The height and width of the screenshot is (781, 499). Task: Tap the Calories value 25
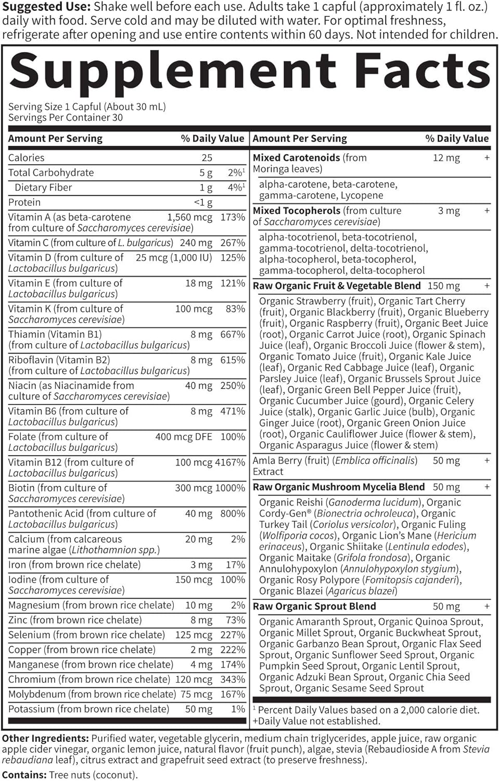coord(207,158)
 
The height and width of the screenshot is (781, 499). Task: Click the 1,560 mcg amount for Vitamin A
coord(189,217)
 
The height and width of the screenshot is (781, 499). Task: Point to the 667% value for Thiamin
coord(233,334)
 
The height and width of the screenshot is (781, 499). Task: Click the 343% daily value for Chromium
coord(233,679)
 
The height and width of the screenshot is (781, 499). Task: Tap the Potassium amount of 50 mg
coord(199,709)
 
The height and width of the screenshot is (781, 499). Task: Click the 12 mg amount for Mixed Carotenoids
coord(446,158)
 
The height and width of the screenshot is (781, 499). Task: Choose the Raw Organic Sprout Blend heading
coord(314,607)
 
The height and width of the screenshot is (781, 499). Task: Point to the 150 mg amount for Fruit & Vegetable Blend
coord(444,286)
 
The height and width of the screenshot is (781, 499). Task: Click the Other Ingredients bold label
coord(45,738)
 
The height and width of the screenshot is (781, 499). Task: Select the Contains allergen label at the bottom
coord(24,775)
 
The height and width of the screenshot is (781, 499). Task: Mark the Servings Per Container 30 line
coord(66,118)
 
